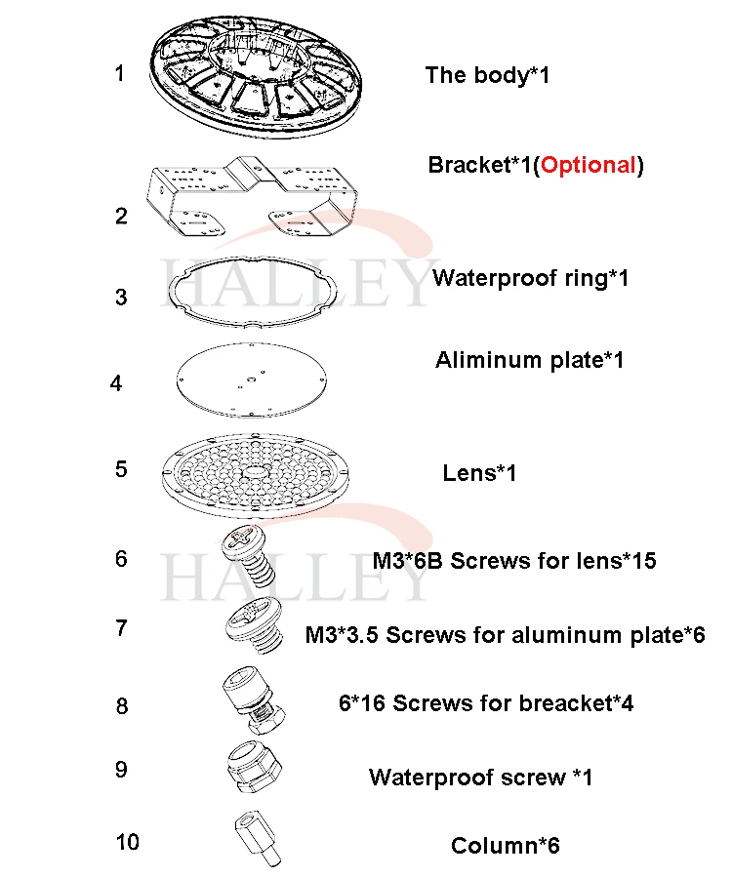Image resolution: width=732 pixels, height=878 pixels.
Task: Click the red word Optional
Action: (589, 165)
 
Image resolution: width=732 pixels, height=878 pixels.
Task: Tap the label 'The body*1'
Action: (487, 75)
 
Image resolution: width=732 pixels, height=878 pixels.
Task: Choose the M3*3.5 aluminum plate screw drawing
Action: (251, 626)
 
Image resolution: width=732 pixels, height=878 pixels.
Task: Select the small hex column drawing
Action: (257, 837)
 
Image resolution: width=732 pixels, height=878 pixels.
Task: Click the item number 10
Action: (127, 842)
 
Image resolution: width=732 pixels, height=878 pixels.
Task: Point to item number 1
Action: (119, 73)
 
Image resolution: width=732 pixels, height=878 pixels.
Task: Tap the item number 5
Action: (121, 469)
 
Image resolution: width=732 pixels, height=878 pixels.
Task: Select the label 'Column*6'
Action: (505, 846)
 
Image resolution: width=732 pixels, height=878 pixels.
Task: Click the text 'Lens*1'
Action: (479, 474)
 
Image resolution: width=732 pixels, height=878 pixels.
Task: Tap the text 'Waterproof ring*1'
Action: (530, 278)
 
